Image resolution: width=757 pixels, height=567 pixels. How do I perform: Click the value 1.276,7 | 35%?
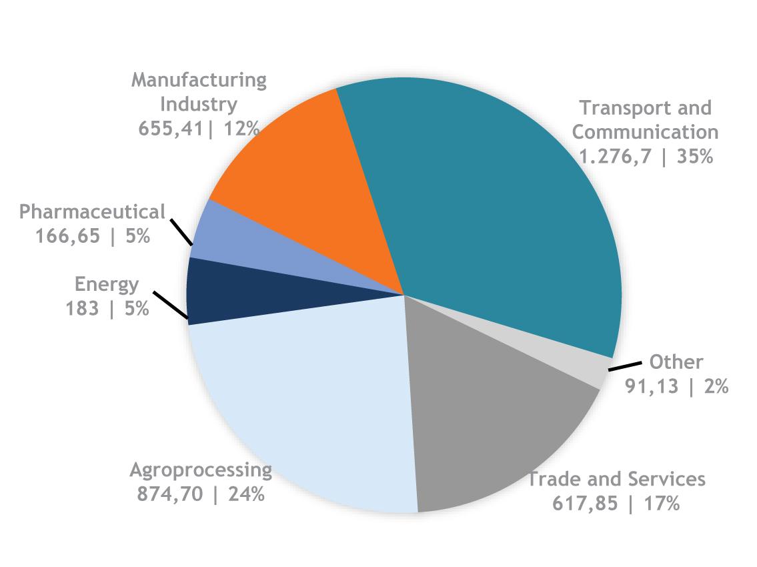click(x=646, y=157)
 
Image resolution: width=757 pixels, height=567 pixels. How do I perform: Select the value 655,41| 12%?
click(x=199, y=128)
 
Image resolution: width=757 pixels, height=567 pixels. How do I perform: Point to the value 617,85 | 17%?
click(x=616, y=502)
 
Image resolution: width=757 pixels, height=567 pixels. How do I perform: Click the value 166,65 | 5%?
click(x=93, y=236)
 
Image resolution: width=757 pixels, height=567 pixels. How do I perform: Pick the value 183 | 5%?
click(x=107, y=309)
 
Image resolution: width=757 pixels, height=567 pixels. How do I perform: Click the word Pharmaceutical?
click(x=91, y=212)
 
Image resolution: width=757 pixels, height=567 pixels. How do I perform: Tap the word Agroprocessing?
click(x=201, y=470)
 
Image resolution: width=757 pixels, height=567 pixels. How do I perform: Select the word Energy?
click(x=107, y=284)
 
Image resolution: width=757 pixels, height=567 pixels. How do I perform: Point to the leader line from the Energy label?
click(x=170, y=306)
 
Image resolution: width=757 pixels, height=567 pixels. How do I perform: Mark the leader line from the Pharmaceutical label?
click(x=180, y=233)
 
